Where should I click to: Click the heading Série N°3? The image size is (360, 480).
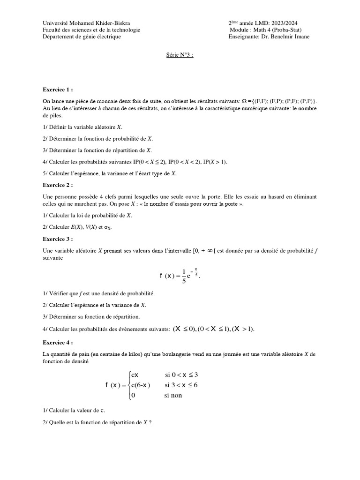(180, 55)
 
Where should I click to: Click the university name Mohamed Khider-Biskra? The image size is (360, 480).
(101, 23)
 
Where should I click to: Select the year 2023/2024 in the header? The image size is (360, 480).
(284, 23)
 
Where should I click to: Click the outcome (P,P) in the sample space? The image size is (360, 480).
(307, 101)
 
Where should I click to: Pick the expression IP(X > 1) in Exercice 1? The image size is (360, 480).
(215, 162)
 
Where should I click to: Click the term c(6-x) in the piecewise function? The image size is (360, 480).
(141, 385)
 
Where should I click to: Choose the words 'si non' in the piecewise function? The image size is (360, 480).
(172, 395)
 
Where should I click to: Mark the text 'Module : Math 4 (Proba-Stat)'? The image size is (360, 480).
(269, 30)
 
